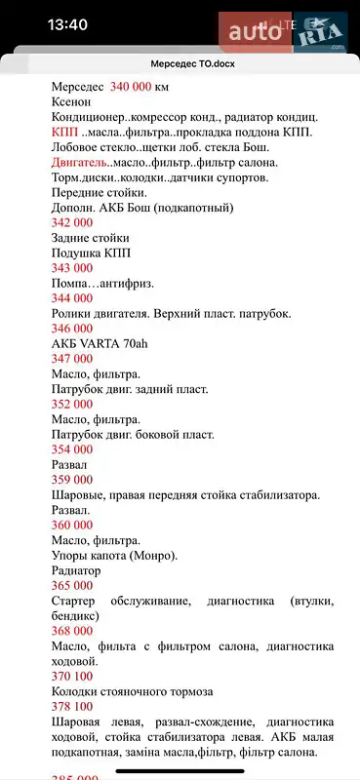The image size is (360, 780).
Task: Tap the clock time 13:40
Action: point(40,24)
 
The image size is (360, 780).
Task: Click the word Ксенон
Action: point(70,101)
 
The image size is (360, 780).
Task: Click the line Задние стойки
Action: point(90,238)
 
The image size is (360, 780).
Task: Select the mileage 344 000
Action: point(72,298)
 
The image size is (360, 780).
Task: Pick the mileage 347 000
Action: point(72,359)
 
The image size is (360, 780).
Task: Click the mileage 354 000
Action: point(72,449)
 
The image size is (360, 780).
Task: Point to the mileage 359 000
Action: point(72,480)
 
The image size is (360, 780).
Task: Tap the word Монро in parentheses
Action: point(155,556)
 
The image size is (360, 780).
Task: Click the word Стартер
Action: point(74,602)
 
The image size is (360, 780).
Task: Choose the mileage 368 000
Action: point(72,631)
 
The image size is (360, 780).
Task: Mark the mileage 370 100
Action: point(72,676)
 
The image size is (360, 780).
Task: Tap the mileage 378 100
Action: point(72,706)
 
